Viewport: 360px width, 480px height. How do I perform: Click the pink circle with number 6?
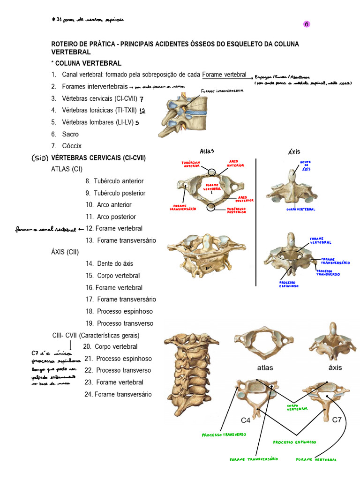click(307, 24)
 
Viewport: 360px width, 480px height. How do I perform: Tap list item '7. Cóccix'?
click(67, 146)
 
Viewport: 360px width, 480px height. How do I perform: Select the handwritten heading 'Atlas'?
click(207, 151)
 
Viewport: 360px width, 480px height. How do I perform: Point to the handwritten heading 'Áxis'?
click(294, 151)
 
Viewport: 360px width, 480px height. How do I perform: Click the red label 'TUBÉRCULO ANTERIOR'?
click(191, 164)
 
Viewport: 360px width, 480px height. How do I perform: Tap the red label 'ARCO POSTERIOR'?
click(243, 199)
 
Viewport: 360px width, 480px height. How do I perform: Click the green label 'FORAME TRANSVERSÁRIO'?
click(254, 459)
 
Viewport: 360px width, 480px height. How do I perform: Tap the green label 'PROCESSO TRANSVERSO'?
click(224, 435)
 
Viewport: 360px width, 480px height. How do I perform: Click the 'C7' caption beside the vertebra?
click(337, 420)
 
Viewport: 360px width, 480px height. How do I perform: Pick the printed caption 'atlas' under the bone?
click(265, 367)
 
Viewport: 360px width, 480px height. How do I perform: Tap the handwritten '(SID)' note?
click(40, 158)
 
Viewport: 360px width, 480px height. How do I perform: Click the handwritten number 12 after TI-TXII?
click(142, 111)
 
